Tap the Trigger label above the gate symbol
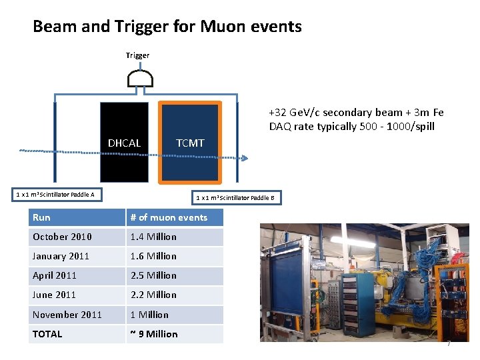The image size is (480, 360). pyautogui.click(x=137, y=55)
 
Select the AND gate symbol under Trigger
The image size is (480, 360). pyautogui.click(x=140, y=79)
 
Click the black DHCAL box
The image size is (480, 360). pyautogui.click(x=124, y=142)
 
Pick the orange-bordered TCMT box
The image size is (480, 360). pyautogui.click(x=190, y=142)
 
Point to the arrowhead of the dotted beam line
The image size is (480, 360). pyautogui.click(x=245, y=159)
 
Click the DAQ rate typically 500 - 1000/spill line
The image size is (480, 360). pyautogui.click(x=351, y=127)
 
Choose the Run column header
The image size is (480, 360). pyautogui.click(x=41, y=217)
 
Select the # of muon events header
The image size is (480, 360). pyautogui.click(x=169, y=217)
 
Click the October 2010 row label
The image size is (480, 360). pyautogui.click(x=62, y=237)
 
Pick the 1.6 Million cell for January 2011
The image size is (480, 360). pyautogui.click(x=153, y=256)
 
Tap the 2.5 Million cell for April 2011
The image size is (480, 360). pyautogui.click(x=153, y=275)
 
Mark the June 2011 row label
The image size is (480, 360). pyautogui.click(x=54, y=295)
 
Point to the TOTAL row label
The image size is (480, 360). pyautogui.click(x=47, y=334)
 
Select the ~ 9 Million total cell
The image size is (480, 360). pyautogui.click(x=154, y=334)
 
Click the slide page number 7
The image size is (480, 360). pyautogui.click(x=449, y=343)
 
